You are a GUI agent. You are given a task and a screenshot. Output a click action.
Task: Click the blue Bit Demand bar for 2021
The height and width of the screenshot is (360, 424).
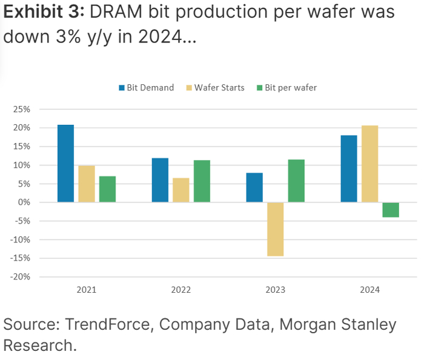point(65,164)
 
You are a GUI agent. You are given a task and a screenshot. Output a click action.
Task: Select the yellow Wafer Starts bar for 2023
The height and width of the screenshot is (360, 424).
point(275,229)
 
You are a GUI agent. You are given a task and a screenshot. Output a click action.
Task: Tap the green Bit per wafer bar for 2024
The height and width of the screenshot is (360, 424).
point(391,210)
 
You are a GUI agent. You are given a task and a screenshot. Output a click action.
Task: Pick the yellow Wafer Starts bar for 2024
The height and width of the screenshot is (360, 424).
point(369,164)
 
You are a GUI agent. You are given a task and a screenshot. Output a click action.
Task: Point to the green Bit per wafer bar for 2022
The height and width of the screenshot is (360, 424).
point(202,181)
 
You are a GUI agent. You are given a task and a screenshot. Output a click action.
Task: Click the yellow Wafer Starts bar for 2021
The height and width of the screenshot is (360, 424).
point(87,184)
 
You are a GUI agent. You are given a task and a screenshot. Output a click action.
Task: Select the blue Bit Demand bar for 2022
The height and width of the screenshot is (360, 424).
point(160,180)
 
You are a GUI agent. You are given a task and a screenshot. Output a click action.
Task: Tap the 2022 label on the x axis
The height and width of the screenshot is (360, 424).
point(181,290)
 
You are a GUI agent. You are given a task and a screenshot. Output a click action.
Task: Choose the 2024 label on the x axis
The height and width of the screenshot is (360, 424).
point(369,290)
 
